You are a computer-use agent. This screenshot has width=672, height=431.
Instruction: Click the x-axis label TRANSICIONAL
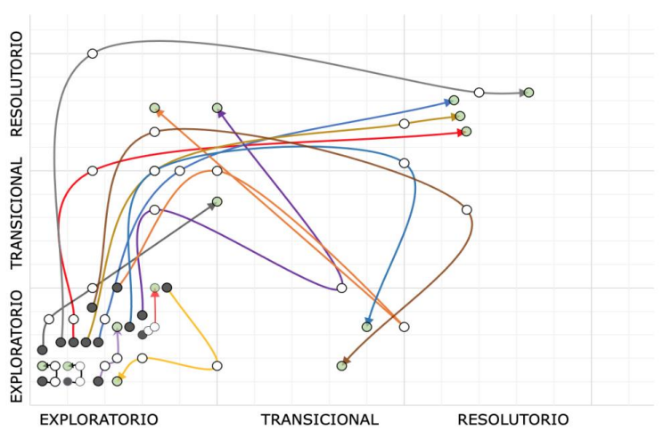[x=319, y=419]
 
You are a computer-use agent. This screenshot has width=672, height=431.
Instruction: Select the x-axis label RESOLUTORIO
[x=512, y=419]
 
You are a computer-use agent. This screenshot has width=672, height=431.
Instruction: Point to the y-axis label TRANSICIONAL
[x=15, y=214]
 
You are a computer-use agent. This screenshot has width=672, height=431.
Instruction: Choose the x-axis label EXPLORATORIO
[x=99, y=419]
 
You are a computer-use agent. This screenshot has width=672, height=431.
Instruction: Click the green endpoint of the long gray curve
[x=529, y=93]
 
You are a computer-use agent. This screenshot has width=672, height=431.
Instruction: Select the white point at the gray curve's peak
[x=93, y=53]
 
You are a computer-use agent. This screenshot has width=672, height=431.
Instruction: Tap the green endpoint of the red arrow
[x=466, y=132]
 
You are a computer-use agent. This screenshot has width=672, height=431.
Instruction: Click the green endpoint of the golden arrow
[x=460, y=116]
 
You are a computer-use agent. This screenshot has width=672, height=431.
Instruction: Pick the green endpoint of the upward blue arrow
[x=454, y=101]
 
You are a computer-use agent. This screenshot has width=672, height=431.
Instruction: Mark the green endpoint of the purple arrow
[x=217, y=108]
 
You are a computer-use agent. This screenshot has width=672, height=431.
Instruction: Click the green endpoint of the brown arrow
[x=341, y=366]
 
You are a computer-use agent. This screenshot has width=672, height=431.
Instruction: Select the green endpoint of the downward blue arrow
[x=366, y=327]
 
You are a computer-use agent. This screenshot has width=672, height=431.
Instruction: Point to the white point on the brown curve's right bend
[x=466, y=210]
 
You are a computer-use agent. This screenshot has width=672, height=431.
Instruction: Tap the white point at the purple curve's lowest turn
[x=341, y=288]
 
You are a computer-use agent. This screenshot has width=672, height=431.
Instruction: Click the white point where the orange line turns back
[x=404, y=327]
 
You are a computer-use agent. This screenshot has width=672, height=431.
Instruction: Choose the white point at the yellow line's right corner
[x=217, y=366]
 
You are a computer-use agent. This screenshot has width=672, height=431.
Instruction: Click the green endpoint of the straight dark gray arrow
[x=217, y=201]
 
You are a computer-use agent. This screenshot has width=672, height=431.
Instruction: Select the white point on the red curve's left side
[x=93, y=170]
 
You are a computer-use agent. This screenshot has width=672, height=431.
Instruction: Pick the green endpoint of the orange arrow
[x=154, y=108]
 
